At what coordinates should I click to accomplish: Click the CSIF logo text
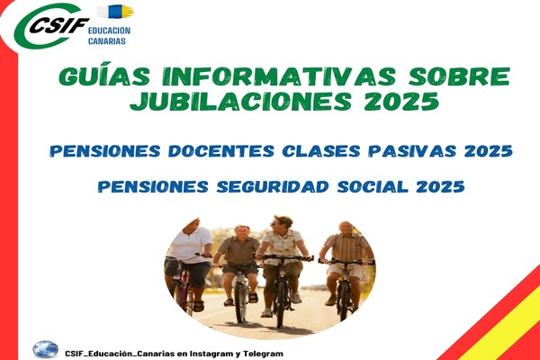click(59, 25)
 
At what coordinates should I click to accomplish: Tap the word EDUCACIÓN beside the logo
click(109, 31)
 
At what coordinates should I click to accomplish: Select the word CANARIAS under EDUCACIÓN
click(107, 41)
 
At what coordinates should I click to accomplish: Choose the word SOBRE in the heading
click(459, 76)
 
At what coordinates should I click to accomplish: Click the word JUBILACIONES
click(240, 101)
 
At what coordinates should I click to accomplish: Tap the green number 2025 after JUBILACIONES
click(401, 101)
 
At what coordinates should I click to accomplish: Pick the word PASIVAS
click(412, 151)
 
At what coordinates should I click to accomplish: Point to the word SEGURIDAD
click(273, 186)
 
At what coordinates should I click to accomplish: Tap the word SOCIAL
click(373, 186)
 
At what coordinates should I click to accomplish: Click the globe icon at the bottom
click(46, 349)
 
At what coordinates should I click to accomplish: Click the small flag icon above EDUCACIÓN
click(115, 12)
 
